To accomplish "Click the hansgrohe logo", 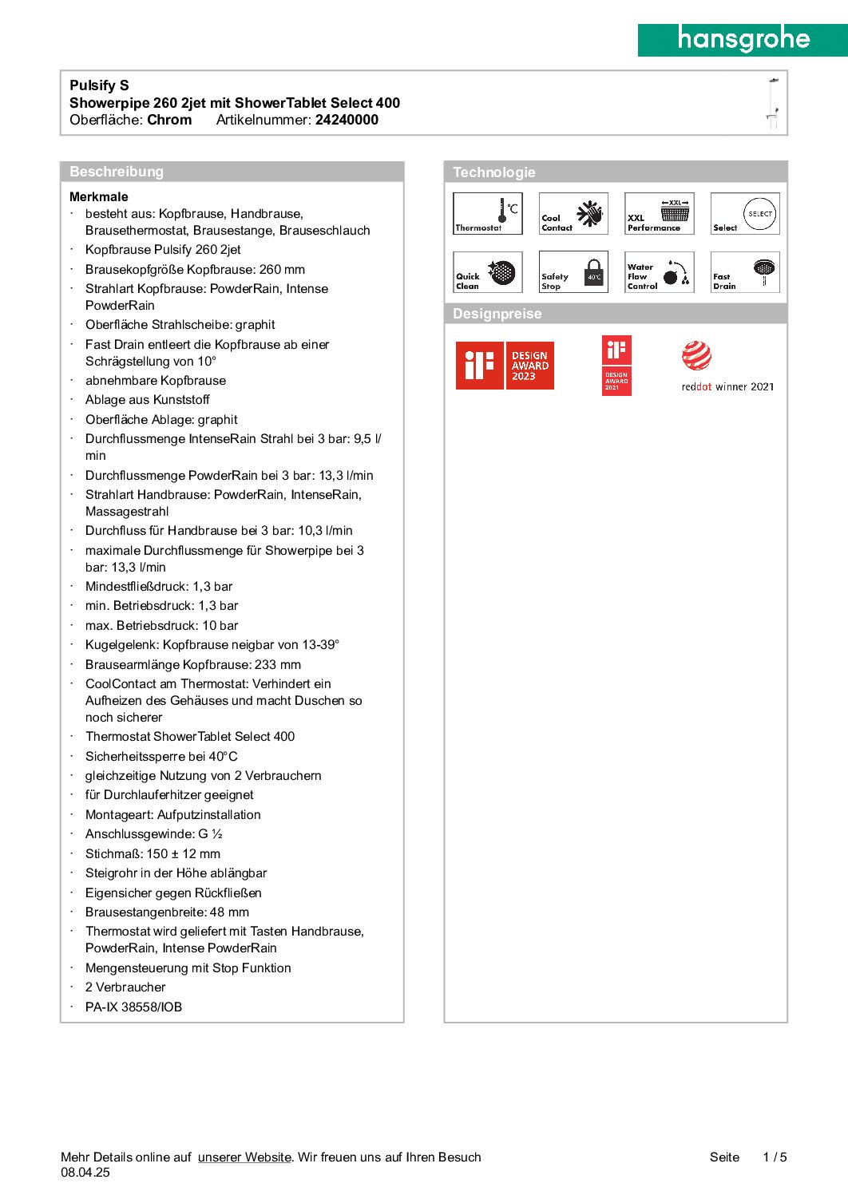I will click(743, 39).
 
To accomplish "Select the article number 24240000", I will click(347, 120).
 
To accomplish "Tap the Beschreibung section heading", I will click(117, 172).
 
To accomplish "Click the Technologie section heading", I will click(494, 172).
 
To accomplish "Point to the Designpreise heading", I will click(497, 314).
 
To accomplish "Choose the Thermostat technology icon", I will click(488, 214).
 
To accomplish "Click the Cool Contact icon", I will click(573, 214).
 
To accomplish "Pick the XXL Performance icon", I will click(660, 214).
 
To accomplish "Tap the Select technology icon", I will click(745, 214).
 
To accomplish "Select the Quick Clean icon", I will click(488, 273).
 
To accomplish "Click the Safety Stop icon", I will click(573, 273).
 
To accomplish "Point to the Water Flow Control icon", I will click(660, 273).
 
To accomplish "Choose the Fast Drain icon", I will click(745, 273).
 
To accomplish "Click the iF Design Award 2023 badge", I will click(505, 366).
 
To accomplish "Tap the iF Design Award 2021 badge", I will click(616, 366).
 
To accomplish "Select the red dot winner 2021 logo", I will click(727, 366).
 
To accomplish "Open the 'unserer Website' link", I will click(244, 1157).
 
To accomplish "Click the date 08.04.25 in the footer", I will click(85, 1172).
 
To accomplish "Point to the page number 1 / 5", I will click(775, 1157).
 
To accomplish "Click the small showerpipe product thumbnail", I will click(772, 103).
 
